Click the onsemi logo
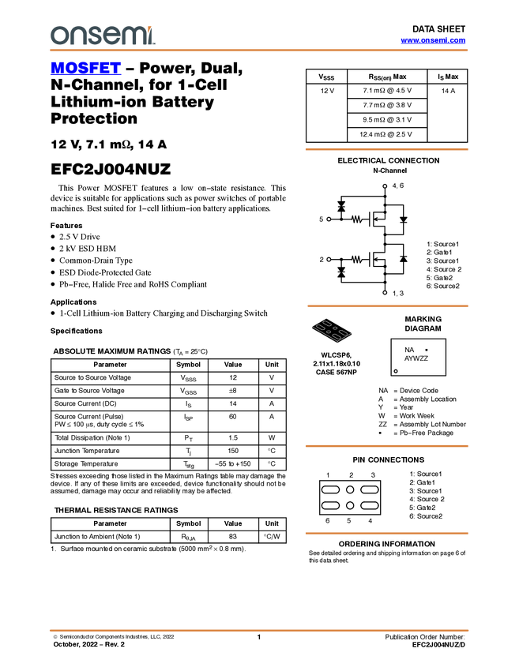click(103, 36)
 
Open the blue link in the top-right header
click(433, 40)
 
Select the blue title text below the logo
click(85, 68)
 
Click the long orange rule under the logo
click(259, 51)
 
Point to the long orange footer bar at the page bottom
click(259, 631)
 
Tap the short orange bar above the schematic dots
click(386, 149)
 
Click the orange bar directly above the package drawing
click(387, 306)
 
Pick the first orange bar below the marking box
click(386, 446)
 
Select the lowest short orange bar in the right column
click(386, 534)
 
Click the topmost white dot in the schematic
click(385, 186)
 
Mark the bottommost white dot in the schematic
click(385, 293)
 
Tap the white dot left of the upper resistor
click(329, 219)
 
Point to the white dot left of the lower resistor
click(329, 260)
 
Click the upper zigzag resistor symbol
click(358, 219)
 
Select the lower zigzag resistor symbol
click(358, 260)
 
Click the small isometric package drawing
click(333, 332)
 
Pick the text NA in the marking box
click(409, 350)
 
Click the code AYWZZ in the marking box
click(416, 358)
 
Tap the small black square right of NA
click(427, 350)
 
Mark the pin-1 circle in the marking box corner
click(396, 371)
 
